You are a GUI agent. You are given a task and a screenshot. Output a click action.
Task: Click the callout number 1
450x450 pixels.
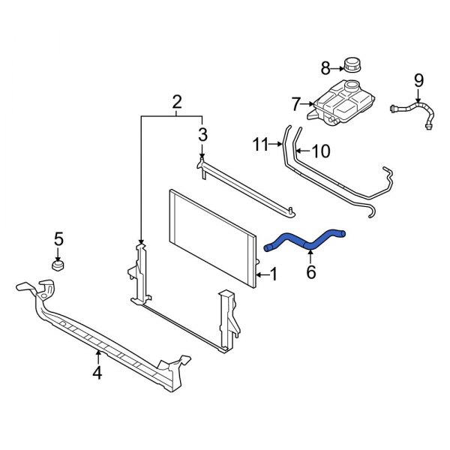coord(274,275)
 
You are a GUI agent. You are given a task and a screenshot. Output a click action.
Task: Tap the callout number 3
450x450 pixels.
coord(202,135)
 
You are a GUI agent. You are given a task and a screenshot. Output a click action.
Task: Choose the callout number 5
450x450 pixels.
coord(58,240)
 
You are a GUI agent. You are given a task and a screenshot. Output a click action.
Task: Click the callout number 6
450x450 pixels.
coord(311,271)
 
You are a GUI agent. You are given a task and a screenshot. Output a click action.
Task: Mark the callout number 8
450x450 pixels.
coord(325,69)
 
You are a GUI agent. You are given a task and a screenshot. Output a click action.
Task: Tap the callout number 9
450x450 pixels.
coord(418,79)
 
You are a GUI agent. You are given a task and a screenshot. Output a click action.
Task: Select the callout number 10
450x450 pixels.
coord(319,151)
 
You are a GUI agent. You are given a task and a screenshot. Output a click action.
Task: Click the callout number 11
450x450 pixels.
coord(260,144)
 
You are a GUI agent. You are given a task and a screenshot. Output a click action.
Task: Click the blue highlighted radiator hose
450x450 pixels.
coord(304,241)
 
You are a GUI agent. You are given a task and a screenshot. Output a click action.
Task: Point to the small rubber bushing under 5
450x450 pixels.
coord(58,265)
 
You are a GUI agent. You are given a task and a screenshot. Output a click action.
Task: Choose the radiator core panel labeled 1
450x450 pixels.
coord(214,236)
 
